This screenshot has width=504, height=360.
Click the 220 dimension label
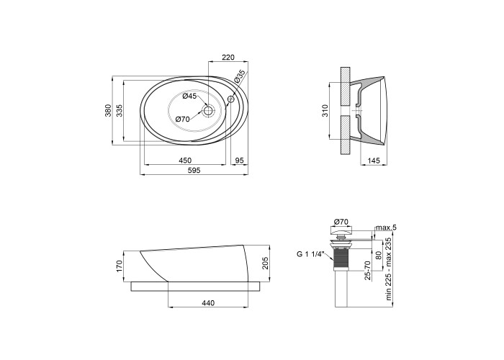tap(228, 57)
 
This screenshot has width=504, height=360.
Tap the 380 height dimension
tap(108, 110)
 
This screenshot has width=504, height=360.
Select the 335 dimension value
tap(120, 110)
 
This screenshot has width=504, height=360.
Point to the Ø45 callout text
tap(189, 96)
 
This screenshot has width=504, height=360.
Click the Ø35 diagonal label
tap(240, 76)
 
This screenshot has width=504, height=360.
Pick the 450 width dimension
tap(185, 161)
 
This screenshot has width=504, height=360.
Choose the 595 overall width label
tap(194, 171)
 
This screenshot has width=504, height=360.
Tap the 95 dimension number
tap(240, 161)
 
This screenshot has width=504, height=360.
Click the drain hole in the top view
tap(209, 111)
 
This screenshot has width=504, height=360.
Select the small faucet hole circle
tap(231, 99)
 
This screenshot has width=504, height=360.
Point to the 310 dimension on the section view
tap(325, 111)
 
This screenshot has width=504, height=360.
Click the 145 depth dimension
tap(374, 161)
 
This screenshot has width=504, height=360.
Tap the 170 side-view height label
tap(120, 266)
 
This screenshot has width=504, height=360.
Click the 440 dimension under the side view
tap(208, 303)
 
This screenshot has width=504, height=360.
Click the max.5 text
tap(387, 228)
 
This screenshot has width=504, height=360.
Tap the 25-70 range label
tap(368, 270)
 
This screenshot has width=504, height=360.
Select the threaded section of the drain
tap(341, 259)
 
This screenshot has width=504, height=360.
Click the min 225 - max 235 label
tap(389, 269)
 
